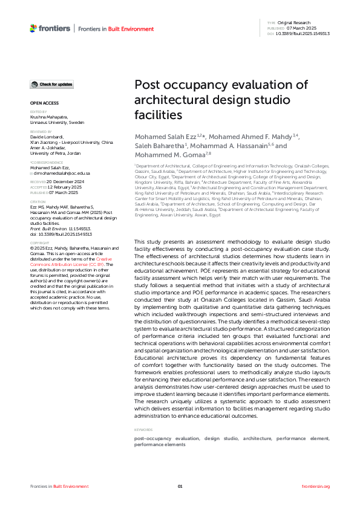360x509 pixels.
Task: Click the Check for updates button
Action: [x=53, y=84]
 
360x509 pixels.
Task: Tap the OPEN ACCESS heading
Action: [x=44, y=103]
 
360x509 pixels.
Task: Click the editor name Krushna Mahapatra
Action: [x=49, y=117]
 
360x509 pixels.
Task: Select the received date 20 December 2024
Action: [x=69, y=181]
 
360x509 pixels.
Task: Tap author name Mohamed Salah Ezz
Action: [x=160, y=136]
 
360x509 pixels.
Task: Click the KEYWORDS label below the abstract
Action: [x=144, y=430]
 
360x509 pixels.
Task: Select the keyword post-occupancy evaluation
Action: [x=166, y=438]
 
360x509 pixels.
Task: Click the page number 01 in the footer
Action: [x=180, y=486]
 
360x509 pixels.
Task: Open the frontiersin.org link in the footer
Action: [x=315, y=486]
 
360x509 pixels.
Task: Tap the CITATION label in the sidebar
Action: [x=38, y=202]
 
